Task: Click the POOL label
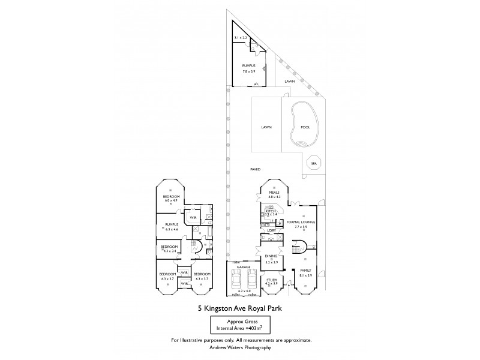(x=305, y=127)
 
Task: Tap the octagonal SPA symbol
(x=313, y=163)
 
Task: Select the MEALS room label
(x=275, y=193)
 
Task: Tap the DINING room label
(x=271, y=257)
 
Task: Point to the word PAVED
(x=255, y=170)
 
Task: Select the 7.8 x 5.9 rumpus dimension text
(x=249, y=71)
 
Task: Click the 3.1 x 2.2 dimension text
(x=241, y=38)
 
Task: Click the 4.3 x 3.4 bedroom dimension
(x=169, y=251)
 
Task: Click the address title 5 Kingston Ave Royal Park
(x=239, y=310)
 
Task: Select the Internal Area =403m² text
(x=239, y=327)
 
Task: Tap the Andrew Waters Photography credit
(x=239, y=347)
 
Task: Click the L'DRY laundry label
(x=271, y=230)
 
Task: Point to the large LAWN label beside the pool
(x=266, y=127)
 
